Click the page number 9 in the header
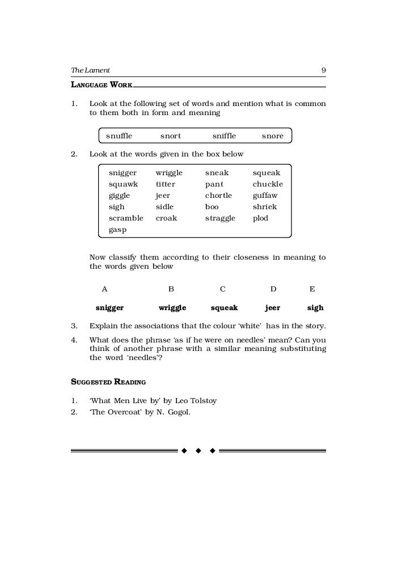pos(323,70)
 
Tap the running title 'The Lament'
pos(90,70)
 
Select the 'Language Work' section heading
pos(102,84)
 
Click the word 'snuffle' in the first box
pos(119,136)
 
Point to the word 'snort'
pos(171,136)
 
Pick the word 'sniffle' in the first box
pos(224,136)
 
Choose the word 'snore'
pos(272,136)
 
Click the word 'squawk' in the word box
pos(123,184)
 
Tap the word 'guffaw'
pos(265,196)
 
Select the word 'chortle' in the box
pos(218,196)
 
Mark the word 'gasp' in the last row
pos(117,230)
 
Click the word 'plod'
pos(260,218)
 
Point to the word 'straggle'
pos(220,218)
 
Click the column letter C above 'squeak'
pos(223,289)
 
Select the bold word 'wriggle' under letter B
pos(172,308)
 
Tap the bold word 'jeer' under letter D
pos(272,308)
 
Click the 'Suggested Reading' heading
pos(108,382)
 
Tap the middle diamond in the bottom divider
pos(198,451)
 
